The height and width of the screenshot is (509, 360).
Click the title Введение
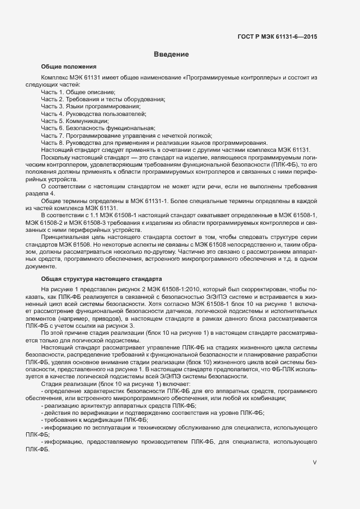coord(171,54)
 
